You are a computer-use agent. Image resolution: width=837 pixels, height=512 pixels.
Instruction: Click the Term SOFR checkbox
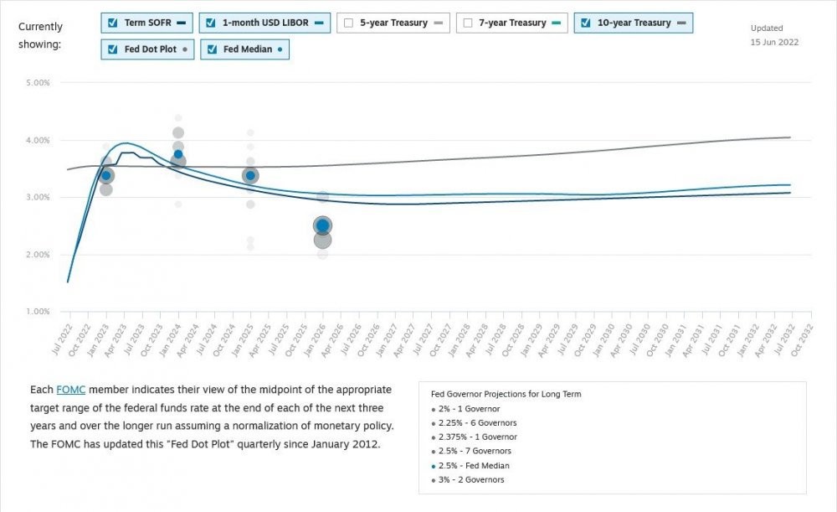(x=112, y=23)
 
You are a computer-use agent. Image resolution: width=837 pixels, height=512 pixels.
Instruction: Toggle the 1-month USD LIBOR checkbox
(x=211, y=23)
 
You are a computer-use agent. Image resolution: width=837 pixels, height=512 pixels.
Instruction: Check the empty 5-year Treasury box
(x=348, y=23)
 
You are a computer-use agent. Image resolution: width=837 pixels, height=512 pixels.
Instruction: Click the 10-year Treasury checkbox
(x=585, y=23)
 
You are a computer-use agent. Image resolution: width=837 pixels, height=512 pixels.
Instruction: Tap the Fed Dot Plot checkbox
(x=112, y=49)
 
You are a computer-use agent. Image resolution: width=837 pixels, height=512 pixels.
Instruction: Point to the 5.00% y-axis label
(x=39, y=83)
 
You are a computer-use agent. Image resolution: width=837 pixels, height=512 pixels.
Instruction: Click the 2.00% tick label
(x=39, y=254)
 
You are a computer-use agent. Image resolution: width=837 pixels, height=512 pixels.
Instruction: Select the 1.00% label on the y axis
(x=39, y=312)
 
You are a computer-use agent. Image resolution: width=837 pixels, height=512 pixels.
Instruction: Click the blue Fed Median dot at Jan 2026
(x=322, y=226)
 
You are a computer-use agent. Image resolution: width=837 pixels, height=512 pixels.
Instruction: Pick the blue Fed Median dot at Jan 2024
(x=178, y=154)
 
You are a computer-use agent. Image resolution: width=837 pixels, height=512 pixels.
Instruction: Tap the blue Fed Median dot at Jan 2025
(x=250, y=175)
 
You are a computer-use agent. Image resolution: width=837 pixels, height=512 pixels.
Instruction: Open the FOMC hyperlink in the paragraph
(x=70, y=390)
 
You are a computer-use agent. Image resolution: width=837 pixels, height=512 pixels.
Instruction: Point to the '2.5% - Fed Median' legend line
(x=475, y=465)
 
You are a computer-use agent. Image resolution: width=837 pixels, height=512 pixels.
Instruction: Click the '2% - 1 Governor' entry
(x=469, y=408)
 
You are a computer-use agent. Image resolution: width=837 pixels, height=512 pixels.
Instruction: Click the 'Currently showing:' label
(x=40, y=35)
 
